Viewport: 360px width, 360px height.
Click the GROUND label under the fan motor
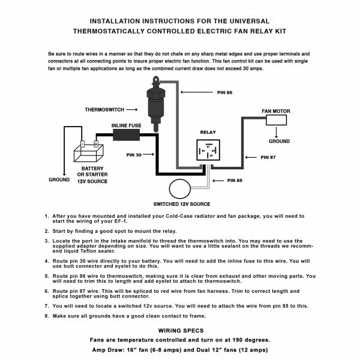(280, 142)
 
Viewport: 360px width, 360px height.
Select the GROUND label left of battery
(58, 179)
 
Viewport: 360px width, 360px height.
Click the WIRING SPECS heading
(180, 330)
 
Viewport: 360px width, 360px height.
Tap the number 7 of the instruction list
(47, 305)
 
